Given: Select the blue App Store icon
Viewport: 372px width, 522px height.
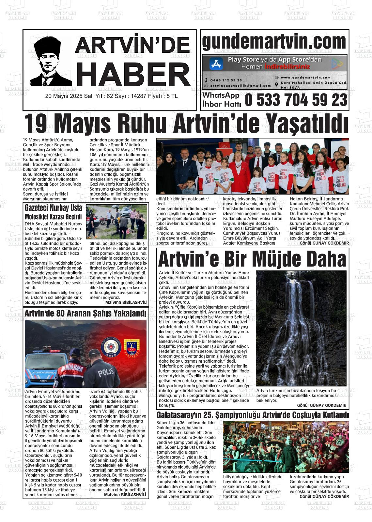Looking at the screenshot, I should (x=216, y=64).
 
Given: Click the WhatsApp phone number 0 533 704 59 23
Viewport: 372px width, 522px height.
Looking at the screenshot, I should (x=296, y=100).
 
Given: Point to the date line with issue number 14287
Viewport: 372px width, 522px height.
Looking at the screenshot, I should (x=112, y=96).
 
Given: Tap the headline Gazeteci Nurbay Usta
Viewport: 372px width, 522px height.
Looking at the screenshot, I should (x=54, y=208).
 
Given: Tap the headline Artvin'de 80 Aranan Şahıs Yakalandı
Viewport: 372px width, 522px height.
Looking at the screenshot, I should (x=85, y=313).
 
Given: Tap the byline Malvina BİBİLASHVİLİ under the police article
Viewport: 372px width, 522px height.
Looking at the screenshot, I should (x=125, y=495).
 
